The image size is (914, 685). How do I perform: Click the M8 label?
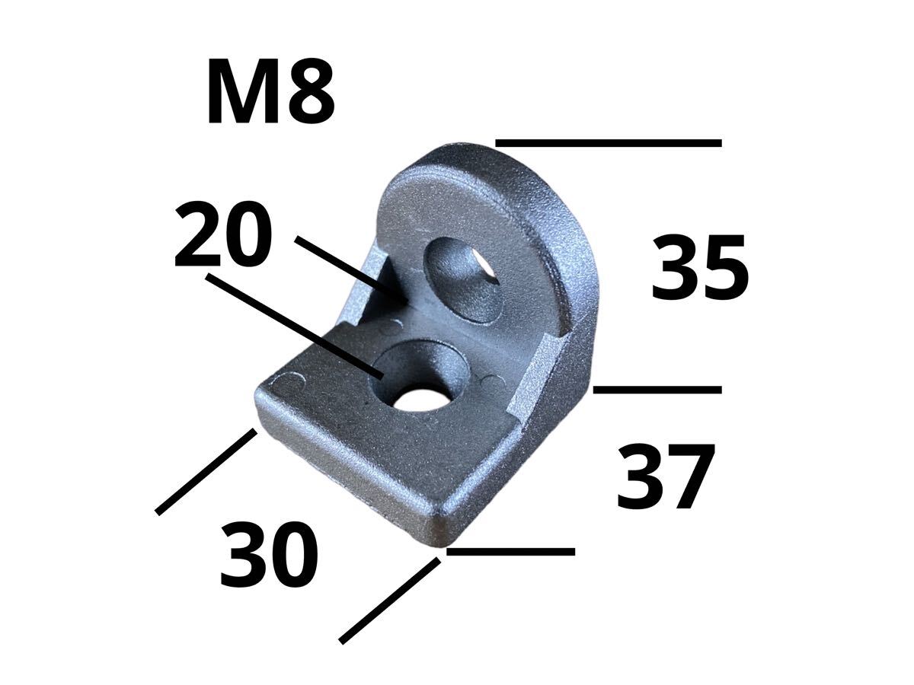click(270, 91)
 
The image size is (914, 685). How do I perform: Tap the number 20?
click(223, 234)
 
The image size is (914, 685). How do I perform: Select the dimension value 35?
click(699, 266)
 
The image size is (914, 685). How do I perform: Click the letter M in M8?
click(242, 91)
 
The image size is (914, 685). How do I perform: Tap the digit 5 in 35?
click(725, 266)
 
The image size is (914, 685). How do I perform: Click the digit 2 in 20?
click(197, 234)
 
